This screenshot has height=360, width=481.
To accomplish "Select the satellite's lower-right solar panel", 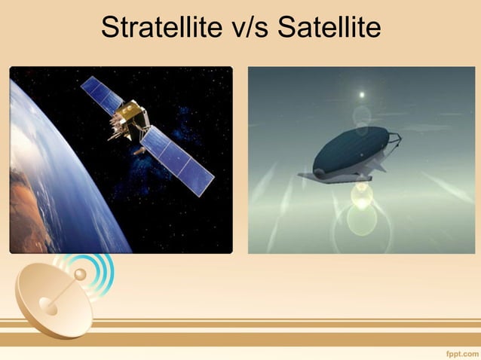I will pos(179,160).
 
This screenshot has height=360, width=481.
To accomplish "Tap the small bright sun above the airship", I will pos(362,95).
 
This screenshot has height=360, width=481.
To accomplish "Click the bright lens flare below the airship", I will pos(363,197).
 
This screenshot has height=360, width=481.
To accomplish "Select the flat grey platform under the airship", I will pos(332,176).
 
